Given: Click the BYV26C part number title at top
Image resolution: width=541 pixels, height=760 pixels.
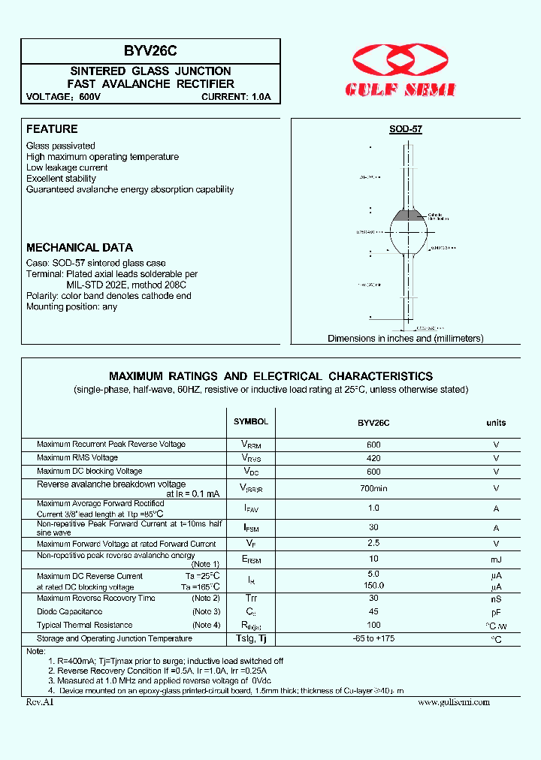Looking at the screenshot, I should click(150, 51).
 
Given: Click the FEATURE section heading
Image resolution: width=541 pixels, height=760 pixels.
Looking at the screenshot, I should click(52, 129).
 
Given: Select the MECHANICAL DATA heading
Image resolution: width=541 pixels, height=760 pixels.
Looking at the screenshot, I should click(80, 247).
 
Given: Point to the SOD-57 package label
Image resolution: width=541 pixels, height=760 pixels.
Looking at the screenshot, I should click(405, 129).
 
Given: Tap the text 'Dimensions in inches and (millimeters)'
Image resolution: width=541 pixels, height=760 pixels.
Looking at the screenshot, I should click(405, 339).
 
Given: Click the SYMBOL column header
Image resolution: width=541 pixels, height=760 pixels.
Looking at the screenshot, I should click(250, 422).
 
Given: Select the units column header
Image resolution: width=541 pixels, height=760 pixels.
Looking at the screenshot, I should click(496, 423).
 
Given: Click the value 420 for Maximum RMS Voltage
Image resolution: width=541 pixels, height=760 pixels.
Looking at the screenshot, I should click(373, 457).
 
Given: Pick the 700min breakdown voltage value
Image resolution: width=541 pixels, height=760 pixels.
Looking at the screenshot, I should click(373, 488).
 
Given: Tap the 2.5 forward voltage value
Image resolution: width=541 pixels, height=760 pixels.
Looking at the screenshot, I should click(373, 544).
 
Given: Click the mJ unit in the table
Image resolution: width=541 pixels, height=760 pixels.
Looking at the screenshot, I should click(496, 559).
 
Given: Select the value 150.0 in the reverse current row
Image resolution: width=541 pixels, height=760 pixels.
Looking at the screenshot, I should click(373, 586).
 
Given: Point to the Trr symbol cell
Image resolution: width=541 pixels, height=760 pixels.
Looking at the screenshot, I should click(250, 599).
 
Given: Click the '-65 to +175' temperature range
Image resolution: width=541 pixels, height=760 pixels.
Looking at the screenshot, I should click(373, 639).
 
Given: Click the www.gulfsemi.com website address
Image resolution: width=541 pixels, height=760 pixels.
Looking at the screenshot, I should click(453, 702).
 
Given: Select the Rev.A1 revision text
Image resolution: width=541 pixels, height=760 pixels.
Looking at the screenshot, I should click(40, 702).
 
